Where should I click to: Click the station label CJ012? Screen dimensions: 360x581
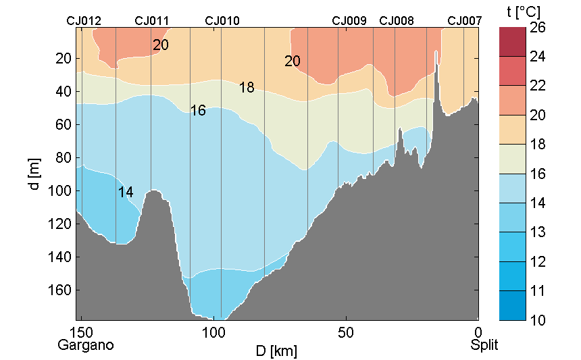[x=84, y=21]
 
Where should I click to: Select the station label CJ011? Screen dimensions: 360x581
[x=152, y=21]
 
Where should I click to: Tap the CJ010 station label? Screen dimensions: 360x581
[x=222, y=21]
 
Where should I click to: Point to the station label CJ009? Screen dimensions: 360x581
[x=349, y=21]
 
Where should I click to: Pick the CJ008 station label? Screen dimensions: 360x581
[x=397, y=21]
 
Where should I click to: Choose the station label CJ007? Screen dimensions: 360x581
[x=465, y=21]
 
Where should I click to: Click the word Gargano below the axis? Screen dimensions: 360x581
[x=86, y=345]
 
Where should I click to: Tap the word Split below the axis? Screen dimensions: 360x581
[x=484, y=345]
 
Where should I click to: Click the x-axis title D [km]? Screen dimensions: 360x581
[x=276, y=351]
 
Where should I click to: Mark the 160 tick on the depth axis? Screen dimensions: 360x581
[x=61, y=290]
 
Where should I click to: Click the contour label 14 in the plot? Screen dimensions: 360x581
[x=126, y=192]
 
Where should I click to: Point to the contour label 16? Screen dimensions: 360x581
[x=198, y=110]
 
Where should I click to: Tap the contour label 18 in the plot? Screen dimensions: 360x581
[x=247, y=88]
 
